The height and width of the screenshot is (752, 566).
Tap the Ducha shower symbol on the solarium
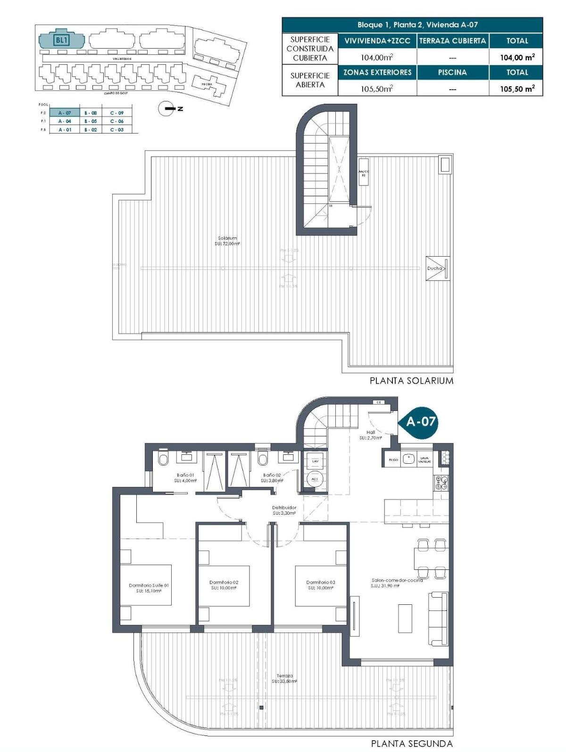[x=438, y=268]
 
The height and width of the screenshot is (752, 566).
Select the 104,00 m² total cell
[x=517, y=58]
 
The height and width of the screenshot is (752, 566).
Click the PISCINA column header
[x=452, y=72]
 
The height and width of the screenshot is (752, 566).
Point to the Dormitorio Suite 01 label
[x=149, y=588]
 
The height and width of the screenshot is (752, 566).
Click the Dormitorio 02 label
[x=224, y=585]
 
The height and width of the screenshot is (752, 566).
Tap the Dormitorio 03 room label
[x=320, y=585]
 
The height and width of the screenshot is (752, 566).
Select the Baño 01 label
[x=185, y=477]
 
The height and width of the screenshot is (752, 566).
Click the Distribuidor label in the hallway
[x=284, y=510]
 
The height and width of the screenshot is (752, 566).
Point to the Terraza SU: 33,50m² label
[x=284, y=678]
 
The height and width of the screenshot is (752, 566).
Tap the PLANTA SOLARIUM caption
[x=411, y=380]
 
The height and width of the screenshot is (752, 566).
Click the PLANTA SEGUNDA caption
[x=412, y=744]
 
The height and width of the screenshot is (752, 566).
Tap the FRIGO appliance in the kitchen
[x=393, y=459]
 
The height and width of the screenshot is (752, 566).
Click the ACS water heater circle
[x=315, y=479]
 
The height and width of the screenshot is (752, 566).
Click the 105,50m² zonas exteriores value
[x=377, y=88]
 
